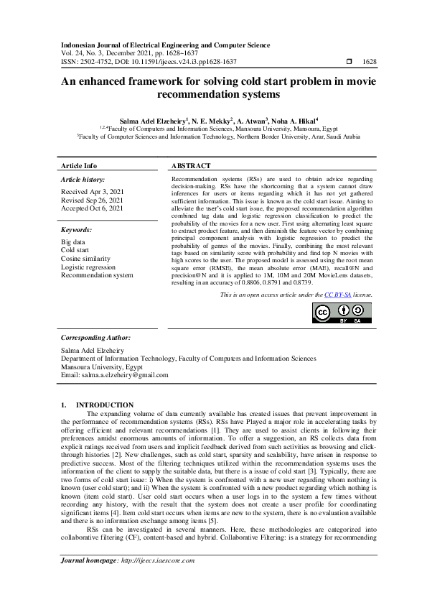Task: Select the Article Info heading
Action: [x=79, y=165]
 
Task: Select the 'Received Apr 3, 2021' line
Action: [x=92, y=191]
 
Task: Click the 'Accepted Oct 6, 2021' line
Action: [x=92, y=208]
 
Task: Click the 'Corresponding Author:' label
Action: [x=95, y=337]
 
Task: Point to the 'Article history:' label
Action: [x=83, y=179]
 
